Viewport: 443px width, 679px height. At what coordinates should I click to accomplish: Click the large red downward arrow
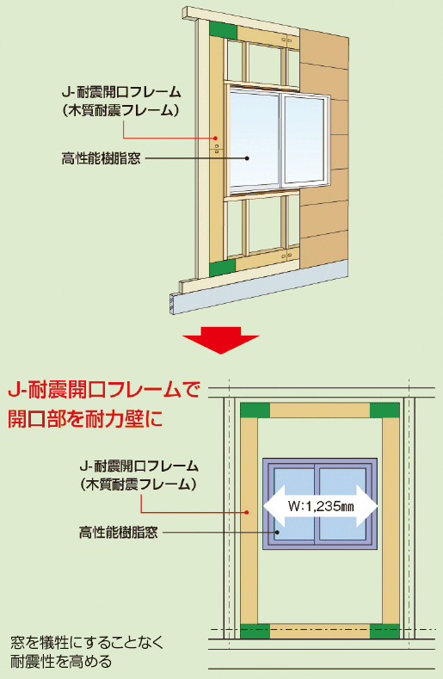click(x=221, y=340)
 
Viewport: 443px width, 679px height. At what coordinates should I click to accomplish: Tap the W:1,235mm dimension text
click(x=321, y=506)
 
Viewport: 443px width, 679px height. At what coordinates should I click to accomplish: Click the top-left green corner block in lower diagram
click(x=255, y=410)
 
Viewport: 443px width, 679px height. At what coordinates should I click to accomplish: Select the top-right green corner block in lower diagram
click(x=385, y=410)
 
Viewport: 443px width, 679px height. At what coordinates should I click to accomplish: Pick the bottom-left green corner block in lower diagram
click(x=255, y=632)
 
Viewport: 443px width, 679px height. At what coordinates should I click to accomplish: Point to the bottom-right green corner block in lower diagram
click(x=385, y=632)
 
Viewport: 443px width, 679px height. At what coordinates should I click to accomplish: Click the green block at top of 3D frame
click(x=224, y=30)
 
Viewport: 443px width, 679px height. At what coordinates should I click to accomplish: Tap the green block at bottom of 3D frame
click(x=223, y=268)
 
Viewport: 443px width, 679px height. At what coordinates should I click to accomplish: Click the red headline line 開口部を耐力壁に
click(x=85, y=419)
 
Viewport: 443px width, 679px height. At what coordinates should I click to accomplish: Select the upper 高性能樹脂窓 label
click(x=101, y=158)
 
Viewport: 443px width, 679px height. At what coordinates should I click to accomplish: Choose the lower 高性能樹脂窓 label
click(x=118, y=532)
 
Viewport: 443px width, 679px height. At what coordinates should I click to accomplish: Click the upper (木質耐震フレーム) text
click(x=120, y=110)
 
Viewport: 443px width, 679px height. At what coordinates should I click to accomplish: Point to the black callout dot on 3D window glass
click(x=247, y=158)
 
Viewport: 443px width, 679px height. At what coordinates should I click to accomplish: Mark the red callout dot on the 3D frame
click(x=215, y=139)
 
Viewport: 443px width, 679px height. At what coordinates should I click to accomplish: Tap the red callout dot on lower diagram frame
click(x=246, y=512)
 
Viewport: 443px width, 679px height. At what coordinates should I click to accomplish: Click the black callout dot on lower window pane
click(x=278, y=532)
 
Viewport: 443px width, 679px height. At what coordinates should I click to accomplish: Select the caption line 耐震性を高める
click(x=61, y=662)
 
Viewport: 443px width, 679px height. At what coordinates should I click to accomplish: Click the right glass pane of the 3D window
click(x=304, y=140)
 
